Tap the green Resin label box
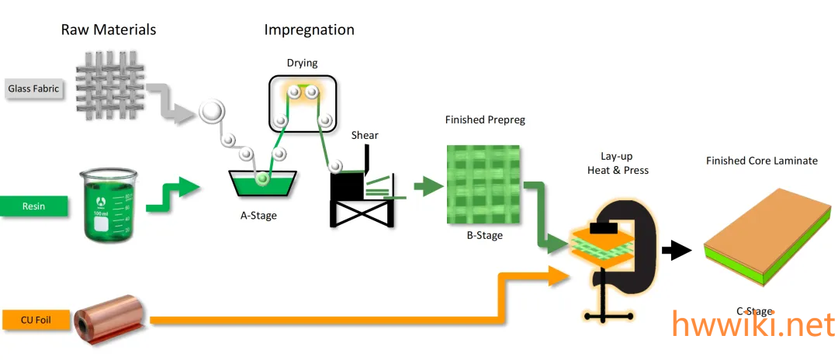[34, 206]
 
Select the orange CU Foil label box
[34, 319]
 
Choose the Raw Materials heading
[109, 30]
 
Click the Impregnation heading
[309, 30]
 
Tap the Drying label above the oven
[303, 63]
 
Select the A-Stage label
[258, 216]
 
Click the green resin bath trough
[263, 183]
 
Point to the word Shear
[365, 136]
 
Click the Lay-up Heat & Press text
[625, 162]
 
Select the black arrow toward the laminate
[676, 250]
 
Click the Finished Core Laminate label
[761, 161]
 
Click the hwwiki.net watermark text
[753, 326]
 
